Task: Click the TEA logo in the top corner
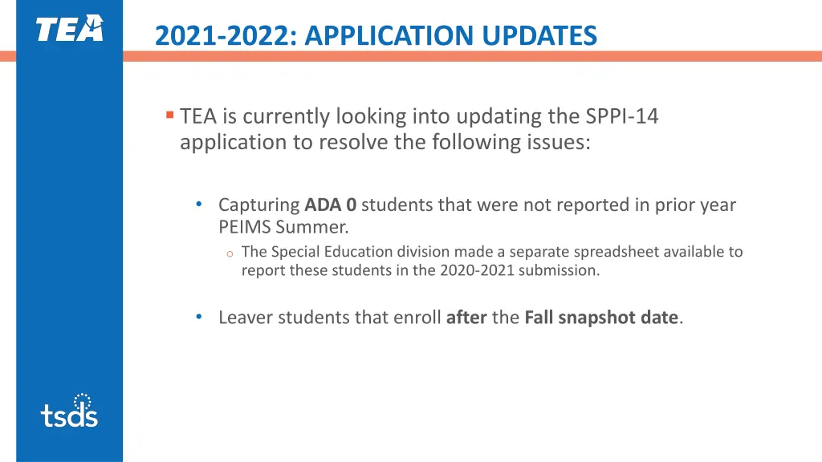tap(69, 29)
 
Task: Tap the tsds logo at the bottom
tap(69, 410)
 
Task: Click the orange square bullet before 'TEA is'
tap(169, 115)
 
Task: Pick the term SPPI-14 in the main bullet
tap(621, 117)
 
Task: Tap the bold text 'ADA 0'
tap(330, 205)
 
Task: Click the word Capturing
tap(259, 205)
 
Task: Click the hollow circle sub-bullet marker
tap(229, 254)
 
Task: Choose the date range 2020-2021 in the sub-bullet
tap(477, 270)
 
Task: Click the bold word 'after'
tap(466, 318)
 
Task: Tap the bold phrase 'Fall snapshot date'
tap(601, 318)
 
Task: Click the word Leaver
tap(244, 318)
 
